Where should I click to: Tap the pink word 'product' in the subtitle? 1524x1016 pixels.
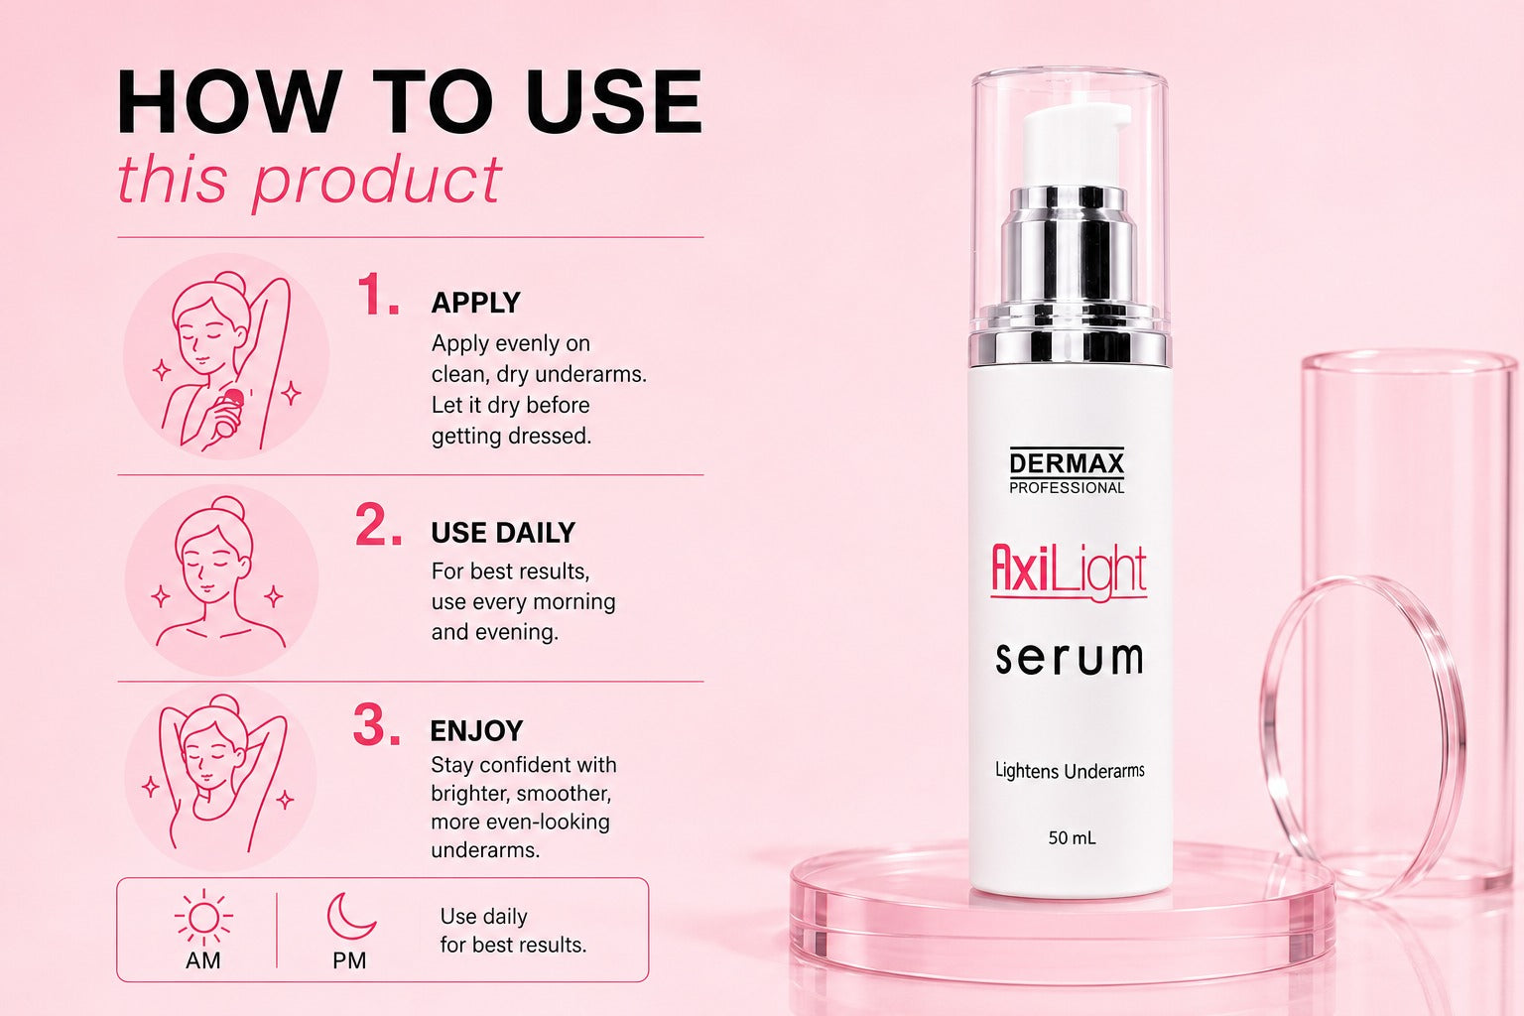pos(378,181)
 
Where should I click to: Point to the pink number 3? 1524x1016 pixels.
pos(377,724)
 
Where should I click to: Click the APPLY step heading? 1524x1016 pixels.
pos(475,303)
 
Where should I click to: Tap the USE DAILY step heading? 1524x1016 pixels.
pos(503,533)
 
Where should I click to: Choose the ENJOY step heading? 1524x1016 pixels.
pos(476,731)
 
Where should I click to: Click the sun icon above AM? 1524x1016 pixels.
pos(203,918)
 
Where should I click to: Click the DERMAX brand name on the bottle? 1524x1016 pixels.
pos(1067,463)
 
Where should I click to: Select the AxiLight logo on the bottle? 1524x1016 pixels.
pos(1069,571)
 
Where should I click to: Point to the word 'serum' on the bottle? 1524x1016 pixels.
pos(1069,658)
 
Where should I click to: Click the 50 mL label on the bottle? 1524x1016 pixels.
pos(1072,837)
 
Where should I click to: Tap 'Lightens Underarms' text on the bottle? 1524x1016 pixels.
pos(1070,771)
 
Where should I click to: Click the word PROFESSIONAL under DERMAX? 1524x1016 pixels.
pos(1067,488)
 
